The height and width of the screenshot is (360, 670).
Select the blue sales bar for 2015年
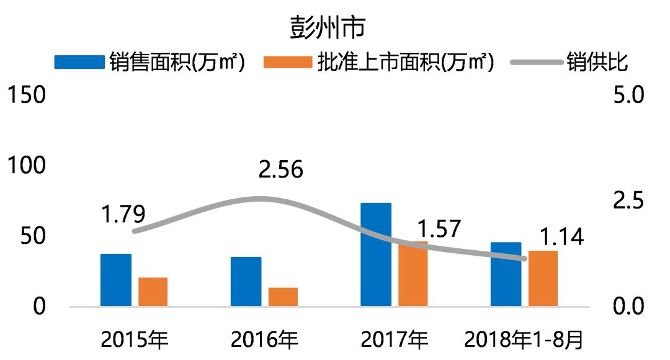[x=116, y=280]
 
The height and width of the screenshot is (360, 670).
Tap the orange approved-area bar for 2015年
[x=153, y=292]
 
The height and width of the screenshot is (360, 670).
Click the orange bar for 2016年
[x=283, y=297]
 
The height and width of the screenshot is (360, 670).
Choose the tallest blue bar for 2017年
[x=376, y=254]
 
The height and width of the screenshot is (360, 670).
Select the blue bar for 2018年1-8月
[x=506, y=274]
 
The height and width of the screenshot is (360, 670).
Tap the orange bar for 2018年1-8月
[x=543, y=278]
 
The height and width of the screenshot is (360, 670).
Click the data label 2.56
[x=281, y=169]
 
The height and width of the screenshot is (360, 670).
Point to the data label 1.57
[x=439, y=228]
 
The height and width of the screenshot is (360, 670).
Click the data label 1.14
[x=561, y=237]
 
